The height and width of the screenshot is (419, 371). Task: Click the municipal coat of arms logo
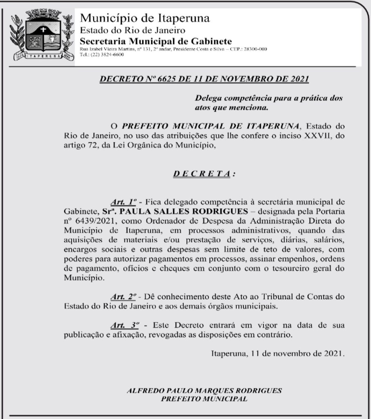coord(40,35)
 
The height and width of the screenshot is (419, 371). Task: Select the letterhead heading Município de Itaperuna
coord(145,18)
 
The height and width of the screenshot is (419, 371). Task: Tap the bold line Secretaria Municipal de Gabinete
coord(156,41)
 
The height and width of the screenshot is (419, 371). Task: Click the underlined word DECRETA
coord(202,173)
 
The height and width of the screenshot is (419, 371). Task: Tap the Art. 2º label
coord(123,296)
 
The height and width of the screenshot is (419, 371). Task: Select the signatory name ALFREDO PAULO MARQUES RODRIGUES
coord(204,390)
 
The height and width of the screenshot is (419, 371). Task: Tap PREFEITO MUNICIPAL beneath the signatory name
coord(204,399)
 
